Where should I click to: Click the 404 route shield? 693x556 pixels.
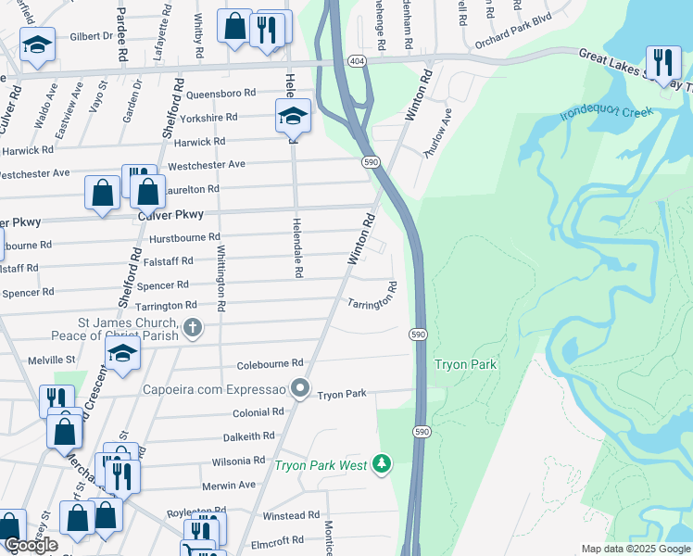(x=356, y=61)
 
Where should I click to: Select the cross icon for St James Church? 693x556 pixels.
(x=192, y=326)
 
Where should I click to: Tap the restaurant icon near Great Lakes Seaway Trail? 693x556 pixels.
(x=662, y=62)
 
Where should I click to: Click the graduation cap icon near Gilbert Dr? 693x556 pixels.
(x=38, y=44)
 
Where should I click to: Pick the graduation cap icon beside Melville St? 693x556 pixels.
(x=121, y=353)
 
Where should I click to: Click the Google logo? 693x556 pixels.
(x=31, y=545)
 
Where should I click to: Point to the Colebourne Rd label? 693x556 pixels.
(x=270, y=364)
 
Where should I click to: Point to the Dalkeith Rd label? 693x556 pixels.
(x=248, y=436)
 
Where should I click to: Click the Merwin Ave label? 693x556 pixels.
(x=228, y=485)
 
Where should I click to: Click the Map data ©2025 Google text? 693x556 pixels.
(x=635, y=549)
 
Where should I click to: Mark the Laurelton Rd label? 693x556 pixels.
(x=192, y=189)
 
